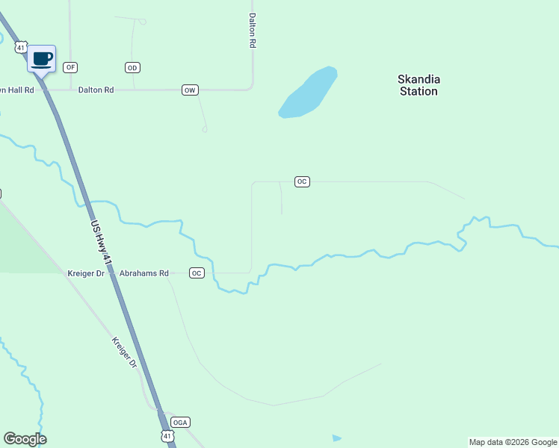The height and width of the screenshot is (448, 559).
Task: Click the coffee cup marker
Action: pyautogui.click(x=42, y=57)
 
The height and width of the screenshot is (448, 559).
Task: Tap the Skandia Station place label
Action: pyautogui.click(x=418, y=85)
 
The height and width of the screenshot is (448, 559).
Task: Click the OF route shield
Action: pyautogui.click(x=70, y=67)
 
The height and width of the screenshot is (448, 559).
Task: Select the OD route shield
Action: pyautogui.click(x=132, y=68)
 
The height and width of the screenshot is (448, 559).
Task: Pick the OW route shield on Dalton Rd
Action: pyautogui.click(x=190, y=90)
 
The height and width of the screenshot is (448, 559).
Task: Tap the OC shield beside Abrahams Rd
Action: pyautogui.click(x=197, y=273)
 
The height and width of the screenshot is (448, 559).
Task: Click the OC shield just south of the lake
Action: pyautogui.click(x=301, y=181)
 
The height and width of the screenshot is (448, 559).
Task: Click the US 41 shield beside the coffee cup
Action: pyautogui.click(x=21, y=47)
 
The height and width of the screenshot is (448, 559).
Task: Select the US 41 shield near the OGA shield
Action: pyautogui.click(x=167, y=435)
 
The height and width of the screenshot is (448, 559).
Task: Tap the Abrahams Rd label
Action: pyautogui.click(x=144, y=273)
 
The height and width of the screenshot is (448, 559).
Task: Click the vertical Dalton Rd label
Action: pyautogui.click(x=253, y=31)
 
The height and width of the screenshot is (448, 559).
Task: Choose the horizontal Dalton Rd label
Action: pyautogui.click(x=96, y=90)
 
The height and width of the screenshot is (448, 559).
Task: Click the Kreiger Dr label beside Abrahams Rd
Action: pyautogui.click(x=87, y=273)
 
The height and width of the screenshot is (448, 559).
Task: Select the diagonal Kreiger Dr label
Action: pyautogui.click(x=125, y=352)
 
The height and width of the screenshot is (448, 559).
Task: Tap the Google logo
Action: pyautogui.click(x=25, y=439)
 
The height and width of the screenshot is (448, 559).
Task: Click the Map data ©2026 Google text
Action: pyautogui.click(x=513, y=442)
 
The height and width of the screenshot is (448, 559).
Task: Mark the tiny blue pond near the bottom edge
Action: pyautogui.click(x=336, y=438)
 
